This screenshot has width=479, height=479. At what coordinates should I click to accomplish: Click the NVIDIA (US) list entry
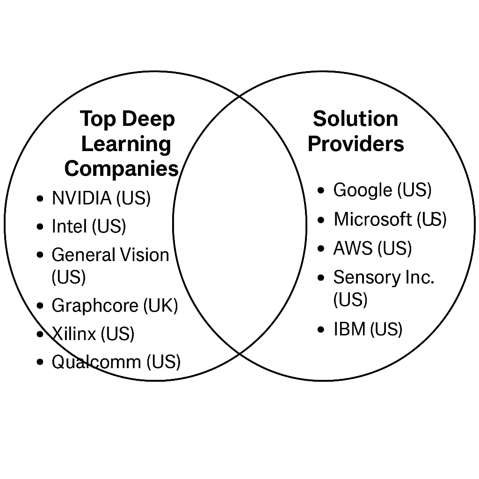[101, 198]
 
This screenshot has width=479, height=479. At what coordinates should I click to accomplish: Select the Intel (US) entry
[89, 227]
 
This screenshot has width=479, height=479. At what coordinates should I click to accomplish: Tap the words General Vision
[110, 255]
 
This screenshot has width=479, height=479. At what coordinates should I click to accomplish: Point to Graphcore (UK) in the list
[115, 306]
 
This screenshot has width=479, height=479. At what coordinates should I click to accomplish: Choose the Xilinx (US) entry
[93, 334]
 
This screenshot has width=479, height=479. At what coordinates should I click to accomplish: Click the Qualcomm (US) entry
[116, 362]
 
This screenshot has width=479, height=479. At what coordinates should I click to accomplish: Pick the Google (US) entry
[382, 190]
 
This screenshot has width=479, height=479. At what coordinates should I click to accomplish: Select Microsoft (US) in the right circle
[390, 219]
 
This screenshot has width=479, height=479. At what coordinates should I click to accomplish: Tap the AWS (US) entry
[372, 248]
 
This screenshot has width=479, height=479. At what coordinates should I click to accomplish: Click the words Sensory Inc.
[384, 278]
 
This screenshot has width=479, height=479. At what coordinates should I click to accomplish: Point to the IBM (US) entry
[368, 330]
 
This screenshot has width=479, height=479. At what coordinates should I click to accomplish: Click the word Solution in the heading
[356, 119]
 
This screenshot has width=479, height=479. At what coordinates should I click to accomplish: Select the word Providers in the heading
[356, 144]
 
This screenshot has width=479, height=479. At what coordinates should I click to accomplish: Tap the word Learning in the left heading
[126, 144]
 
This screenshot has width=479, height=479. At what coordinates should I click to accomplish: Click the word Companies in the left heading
[122, 169]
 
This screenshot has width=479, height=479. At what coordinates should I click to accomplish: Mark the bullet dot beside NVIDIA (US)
[40, 199]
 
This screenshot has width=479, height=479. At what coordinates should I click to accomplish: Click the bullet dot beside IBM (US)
[321, 330]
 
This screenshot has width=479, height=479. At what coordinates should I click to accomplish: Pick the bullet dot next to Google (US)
[321, 191]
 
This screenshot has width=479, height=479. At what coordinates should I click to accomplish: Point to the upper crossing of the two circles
[240, 96]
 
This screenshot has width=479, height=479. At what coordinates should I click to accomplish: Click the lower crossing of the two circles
[240, 354]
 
